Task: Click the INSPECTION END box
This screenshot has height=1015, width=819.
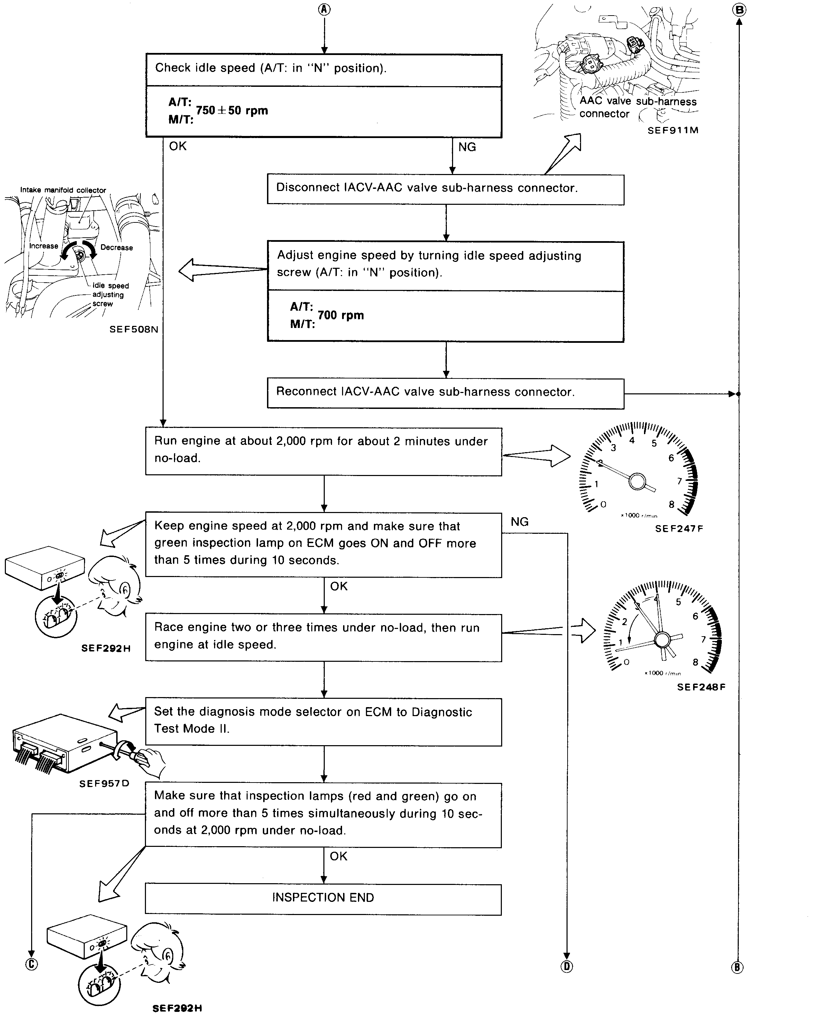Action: [323, 897]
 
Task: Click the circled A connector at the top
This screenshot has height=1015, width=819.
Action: [324, 9]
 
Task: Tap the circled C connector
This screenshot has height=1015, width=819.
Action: [31, 964]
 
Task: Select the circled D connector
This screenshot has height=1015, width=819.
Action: [567, 967]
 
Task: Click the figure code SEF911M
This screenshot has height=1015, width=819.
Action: [672, 130]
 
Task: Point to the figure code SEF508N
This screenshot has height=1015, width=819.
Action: [134, 329]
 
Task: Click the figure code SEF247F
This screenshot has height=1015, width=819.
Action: [679, 529]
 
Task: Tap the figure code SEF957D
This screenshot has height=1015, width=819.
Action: [104, 783]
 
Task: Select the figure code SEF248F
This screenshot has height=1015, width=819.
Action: [701, 687]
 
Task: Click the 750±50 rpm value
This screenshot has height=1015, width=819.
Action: [232, 110]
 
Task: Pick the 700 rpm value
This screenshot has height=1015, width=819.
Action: [341, 315]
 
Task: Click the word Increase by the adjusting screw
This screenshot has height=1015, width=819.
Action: [43, 246]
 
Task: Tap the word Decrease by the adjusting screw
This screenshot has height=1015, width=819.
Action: [117, 247]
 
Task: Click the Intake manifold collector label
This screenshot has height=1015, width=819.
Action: [63, 190]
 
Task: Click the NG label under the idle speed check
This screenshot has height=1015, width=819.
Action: [467, 147]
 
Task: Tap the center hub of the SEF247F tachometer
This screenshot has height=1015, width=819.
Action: [637, 481]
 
